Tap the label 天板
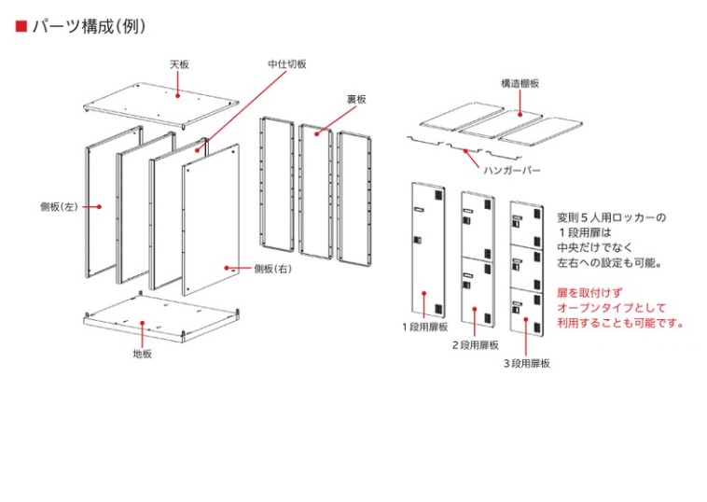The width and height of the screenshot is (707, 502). tap(179, 64)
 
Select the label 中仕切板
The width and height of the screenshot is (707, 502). tap(286, 64)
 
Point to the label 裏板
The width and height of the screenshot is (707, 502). tap(357, 98)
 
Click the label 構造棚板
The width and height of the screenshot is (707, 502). tap(520, 83)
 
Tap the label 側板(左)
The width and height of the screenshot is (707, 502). tap(58, 206)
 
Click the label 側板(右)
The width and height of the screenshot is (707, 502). tap(271, 268)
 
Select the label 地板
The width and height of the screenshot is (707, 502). tap(142, 353)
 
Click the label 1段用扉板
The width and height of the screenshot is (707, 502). tap(425, 328)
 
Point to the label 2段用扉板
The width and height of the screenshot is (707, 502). tap(476, 345)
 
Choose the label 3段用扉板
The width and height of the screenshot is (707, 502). tap(526, 363)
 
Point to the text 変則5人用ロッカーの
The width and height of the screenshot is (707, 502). tap(611, 217)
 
